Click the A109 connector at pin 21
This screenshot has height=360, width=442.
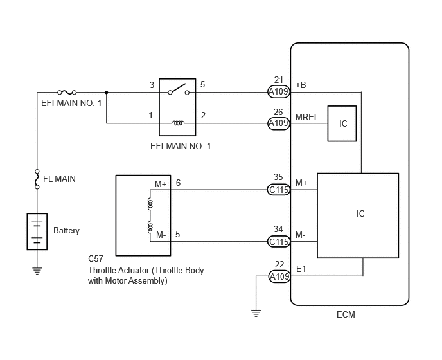pyautogui.click(x=279, y=92)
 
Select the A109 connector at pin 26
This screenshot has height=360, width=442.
pyautogui.click(x=279, y=123)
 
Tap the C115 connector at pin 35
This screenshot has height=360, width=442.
pyautogui.click(x=279, y=190)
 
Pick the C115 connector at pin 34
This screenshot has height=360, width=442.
pyautogui.click(x=279, y=242)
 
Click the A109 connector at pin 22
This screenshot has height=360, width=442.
pyautogui.click(x=279, y=276)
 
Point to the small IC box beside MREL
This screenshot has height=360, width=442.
pyautogui.click(x=342, y=123)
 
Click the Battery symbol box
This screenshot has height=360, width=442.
pyautogui.click(x=37, y=231)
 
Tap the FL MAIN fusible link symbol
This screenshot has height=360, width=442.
pyautogui.click(x=37, y=179)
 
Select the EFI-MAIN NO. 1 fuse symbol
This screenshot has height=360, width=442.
pyautogui.click(x=67, y=93)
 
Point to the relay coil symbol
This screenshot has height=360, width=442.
pyautogui.click(x=178, y=123)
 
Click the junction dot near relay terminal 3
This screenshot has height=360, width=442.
pyautogui.click(x=106, y=93)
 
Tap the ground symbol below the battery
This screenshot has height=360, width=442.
pyautogui.click(x=37, y=271)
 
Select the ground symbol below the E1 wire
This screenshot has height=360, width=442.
pyautogui.click(x=256, y=313)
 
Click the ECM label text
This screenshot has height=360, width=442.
pyautogui.click(x=346, y=314)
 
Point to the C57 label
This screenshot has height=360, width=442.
pyautogui.click(x=96, y=258)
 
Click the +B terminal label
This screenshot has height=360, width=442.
pyautogui.click(x=301, y=85)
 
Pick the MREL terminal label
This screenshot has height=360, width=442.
pyautogui.click(x=307, y=117)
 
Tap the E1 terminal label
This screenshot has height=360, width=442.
pyautogui.click(x=301, y=269)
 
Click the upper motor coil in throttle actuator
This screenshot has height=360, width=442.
pyautogui.click(x=150, y=204)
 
